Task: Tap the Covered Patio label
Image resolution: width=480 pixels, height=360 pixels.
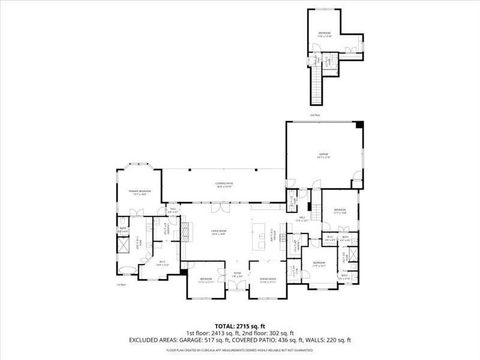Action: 224,185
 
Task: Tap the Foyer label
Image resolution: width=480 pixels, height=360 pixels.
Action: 238,275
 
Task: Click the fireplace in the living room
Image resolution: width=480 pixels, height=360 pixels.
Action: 185,231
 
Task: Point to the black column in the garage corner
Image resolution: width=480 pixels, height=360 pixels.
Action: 359,125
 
